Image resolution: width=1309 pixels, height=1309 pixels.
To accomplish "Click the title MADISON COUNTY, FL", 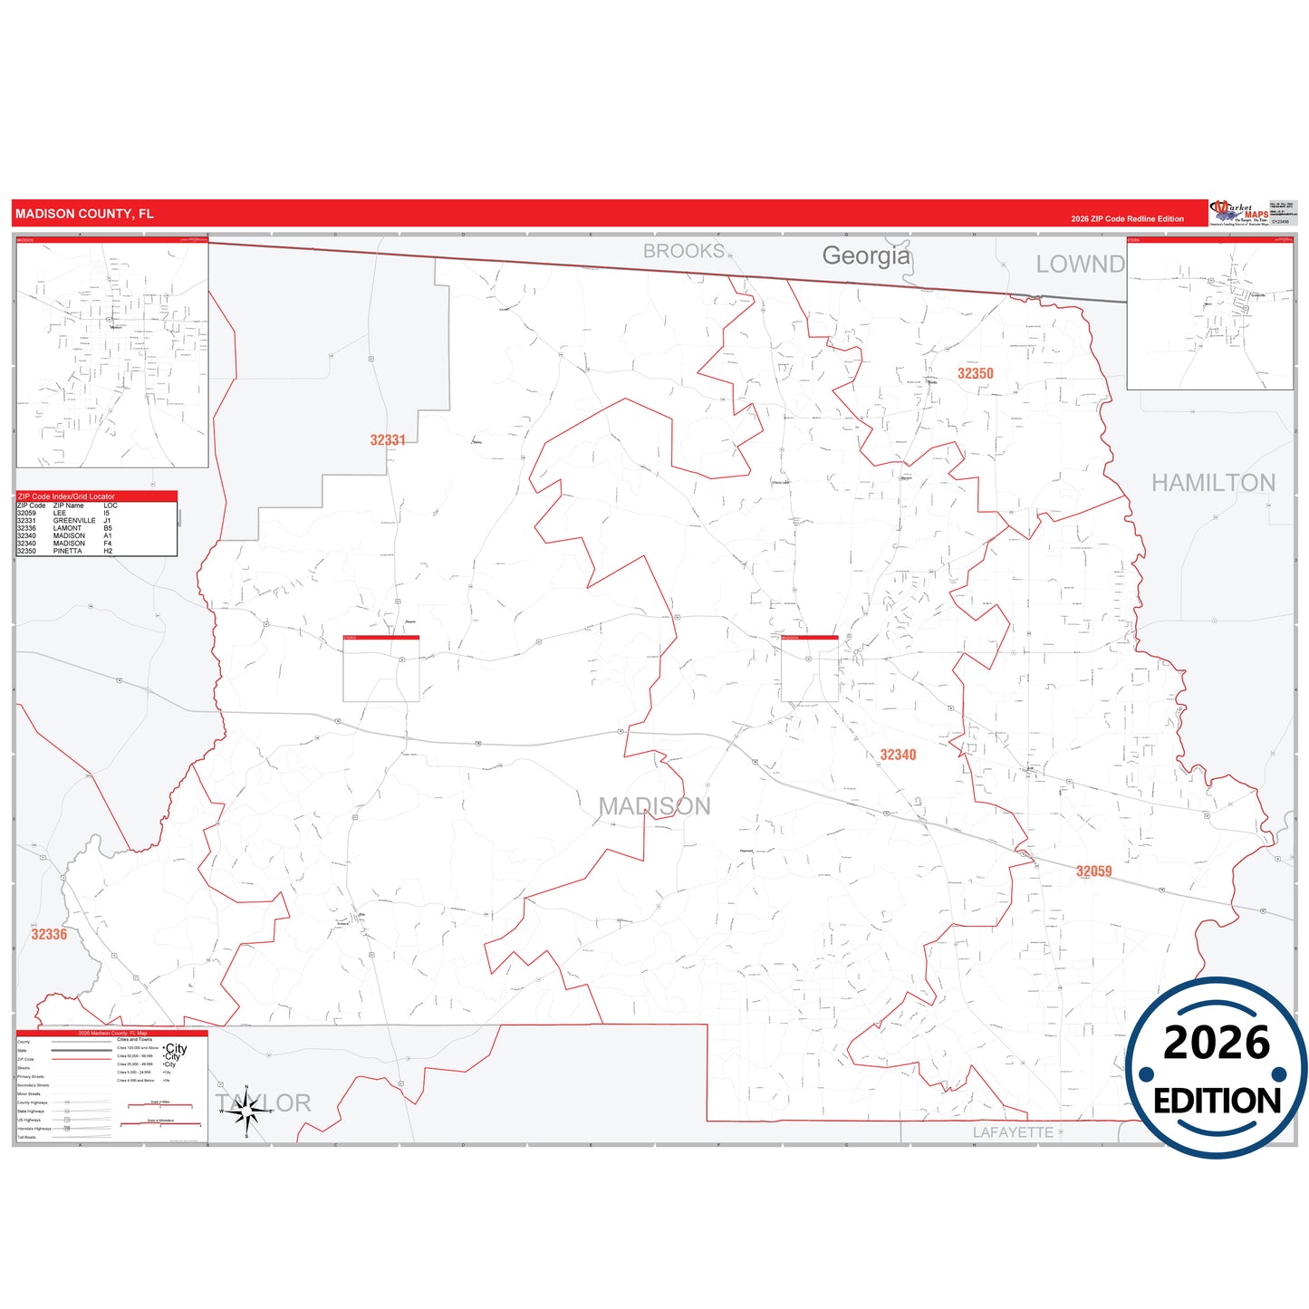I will pyautogui.click(x=84, y=214).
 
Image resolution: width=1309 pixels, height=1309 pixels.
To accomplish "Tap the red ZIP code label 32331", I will pyautogui.click(x=388, y=440).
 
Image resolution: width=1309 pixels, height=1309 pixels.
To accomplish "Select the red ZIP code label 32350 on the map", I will pyautogui.click(x=975, y=373).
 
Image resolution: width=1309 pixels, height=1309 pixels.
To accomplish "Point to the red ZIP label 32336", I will pyautogui.click(x=49, y=934).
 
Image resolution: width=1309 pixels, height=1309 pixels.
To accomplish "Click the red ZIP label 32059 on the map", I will pyautogui.click(x=1093, y=871).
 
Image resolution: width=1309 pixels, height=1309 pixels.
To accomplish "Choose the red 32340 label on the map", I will pyautogui.click(x=898, y=755).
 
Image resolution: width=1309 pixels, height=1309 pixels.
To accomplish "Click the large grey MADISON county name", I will pyautogui.click(x=654, y=806).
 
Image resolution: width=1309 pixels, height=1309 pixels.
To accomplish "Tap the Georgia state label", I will pyautogui.click(x=865, y=255).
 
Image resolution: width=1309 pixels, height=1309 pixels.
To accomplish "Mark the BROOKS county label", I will pyautogui.click(x=684, y=251).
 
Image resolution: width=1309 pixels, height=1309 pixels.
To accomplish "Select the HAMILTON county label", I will pyautogui.click(x=1213, y=483).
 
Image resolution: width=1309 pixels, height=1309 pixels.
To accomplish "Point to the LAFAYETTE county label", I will pyautogui.click(x=1013, y=1132).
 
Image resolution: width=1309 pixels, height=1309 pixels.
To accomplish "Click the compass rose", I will pyautogui.click(x=246, y=1112).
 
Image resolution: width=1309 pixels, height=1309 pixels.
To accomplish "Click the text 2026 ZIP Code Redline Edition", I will pyautogui.click(x=1127, y=219).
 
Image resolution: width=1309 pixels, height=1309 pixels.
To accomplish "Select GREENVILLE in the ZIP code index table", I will pyautogui.click(x=74, y=521).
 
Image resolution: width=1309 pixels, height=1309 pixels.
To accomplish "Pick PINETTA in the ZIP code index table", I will pyautogui.click(x=68, y=551).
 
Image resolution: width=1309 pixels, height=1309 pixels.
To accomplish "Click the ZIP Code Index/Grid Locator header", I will pyautogui.click(x=66, y=496).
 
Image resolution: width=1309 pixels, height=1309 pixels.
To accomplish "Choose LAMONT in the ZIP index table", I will pyautogui.click(x=67, y=528).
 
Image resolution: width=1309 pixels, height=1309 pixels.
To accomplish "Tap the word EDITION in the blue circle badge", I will pyautogui.click(x=1217, y=1101).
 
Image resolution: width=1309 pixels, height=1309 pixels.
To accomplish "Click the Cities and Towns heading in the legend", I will pyautogui.click(x=135, y=1039).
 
